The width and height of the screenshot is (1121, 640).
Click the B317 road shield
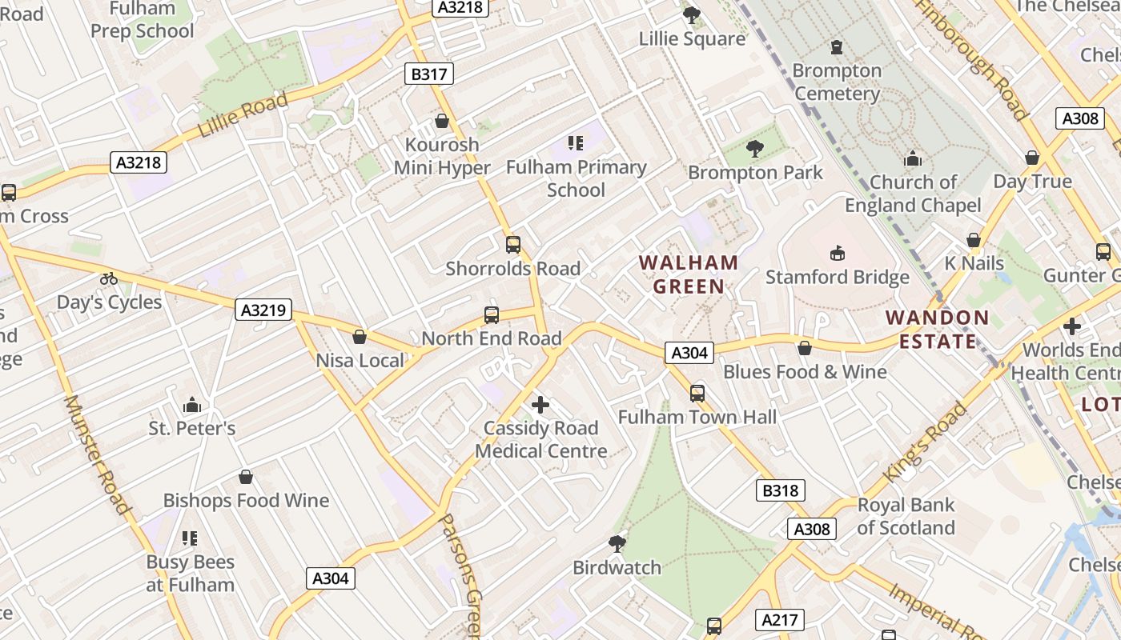[428, 74]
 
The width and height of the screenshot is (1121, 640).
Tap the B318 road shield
[780, 490]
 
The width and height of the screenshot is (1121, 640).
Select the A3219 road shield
[263, 310]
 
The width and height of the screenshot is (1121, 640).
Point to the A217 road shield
[779, 620]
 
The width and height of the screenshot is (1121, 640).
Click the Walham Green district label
[689, 274]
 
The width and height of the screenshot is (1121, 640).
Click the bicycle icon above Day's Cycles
[109, 278]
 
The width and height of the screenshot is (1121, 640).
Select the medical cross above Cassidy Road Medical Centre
[540, 405]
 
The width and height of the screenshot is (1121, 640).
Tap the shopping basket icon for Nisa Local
[360, 337]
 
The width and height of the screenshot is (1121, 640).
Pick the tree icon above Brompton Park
[754, 148]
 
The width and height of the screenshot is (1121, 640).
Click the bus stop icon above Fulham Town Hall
[697, 393]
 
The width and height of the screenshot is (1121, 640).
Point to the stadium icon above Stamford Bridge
[838, 253]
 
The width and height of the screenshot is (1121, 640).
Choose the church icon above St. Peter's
[191, 405]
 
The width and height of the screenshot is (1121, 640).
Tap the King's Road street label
[925, 442]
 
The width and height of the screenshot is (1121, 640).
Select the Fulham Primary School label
[577, 178]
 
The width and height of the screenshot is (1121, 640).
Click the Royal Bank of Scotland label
[906, 517]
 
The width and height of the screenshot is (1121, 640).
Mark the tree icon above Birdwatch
[617, 544]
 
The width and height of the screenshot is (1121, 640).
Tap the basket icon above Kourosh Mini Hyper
[441, 121]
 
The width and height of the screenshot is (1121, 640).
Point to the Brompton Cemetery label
[837, 82]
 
